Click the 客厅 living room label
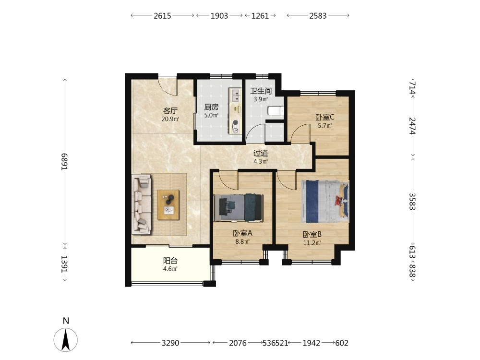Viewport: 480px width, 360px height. click(x=170, y=110)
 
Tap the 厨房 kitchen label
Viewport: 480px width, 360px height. click(x=212, y=107)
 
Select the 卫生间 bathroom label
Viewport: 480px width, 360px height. click(x=261, y=91)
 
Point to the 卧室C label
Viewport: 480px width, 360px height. click(x=325, y=117)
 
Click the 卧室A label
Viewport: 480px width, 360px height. click(x=242, y=233)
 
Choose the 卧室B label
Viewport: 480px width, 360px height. click(x=312, y=235)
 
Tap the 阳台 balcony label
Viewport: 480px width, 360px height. click(x=170, y=261)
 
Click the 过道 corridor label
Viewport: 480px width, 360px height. click(x=261, y=153)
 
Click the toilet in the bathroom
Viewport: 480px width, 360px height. click(x=276, y=111)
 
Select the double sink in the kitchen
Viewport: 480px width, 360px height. click(x=236, y=95)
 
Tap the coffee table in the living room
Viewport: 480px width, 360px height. click(x=168, y=205)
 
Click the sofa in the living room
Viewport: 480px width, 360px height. click(x=142, y=204)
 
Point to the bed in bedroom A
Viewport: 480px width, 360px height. click(x=239, y=207)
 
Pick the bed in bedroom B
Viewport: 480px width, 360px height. click(x=325, y=202)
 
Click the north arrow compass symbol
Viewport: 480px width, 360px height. click(x=65, y=339)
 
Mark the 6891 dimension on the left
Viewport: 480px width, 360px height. click(x=64, y=162)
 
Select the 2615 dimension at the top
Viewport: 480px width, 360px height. click(x=162, y=16)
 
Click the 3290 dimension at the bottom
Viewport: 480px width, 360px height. click(x=170, y=343)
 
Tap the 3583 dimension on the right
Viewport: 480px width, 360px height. click(x=412, y=201)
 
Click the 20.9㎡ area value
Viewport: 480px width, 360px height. click(x=170, y=119)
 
